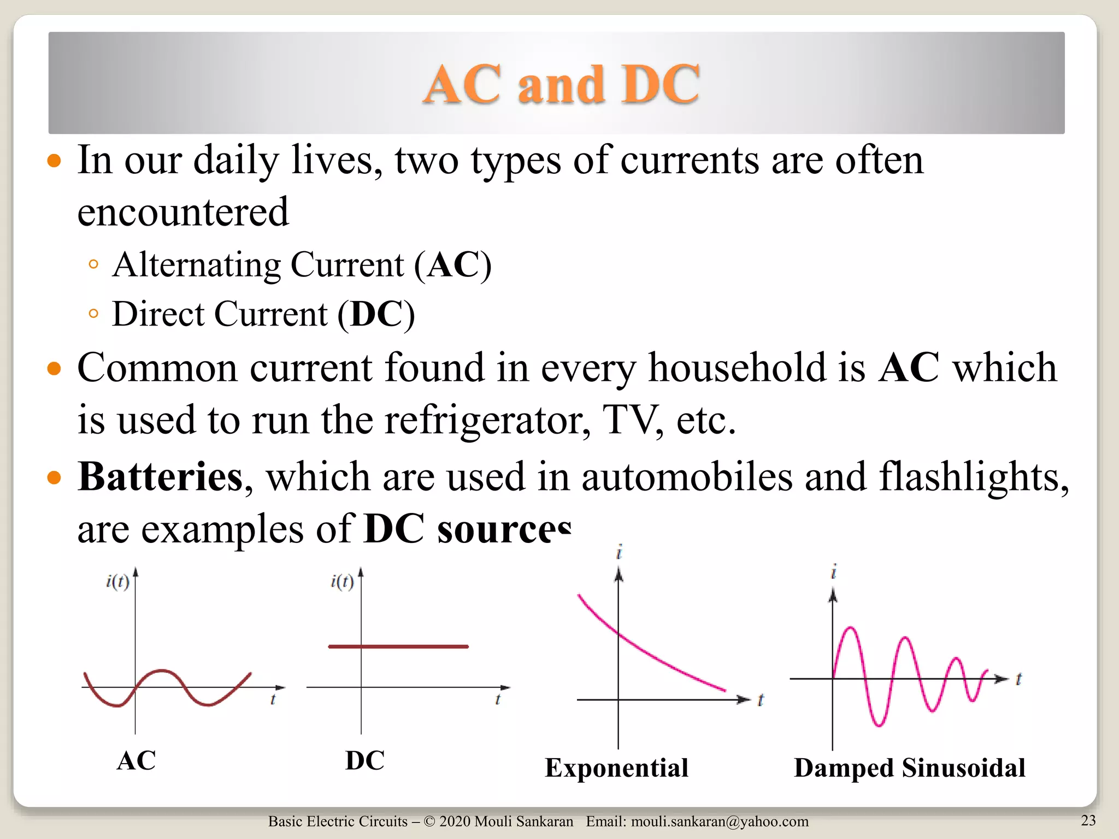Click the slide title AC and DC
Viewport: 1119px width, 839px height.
click(561, 84)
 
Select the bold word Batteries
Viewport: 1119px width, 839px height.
click(160, 477)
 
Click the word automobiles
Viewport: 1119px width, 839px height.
click(686, 477)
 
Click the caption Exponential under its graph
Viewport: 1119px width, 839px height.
click(616, 767)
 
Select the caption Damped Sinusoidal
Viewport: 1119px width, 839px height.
click(909, 767)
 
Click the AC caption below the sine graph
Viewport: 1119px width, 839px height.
click(136, 760)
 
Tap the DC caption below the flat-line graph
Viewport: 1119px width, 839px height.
click(364, 760)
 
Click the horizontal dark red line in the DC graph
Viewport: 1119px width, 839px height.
click(398, 646)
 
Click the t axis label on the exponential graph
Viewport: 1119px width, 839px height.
click(761, 700)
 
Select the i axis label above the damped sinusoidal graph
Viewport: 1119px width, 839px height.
click(833, 572)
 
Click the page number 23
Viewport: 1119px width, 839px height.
click(1088, 820)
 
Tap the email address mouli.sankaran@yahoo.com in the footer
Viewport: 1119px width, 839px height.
click(720, 822)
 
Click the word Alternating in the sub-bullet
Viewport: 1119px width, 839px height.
click(196, 265)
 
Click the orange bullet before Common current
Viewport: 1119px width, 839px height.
click(54, 368)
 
